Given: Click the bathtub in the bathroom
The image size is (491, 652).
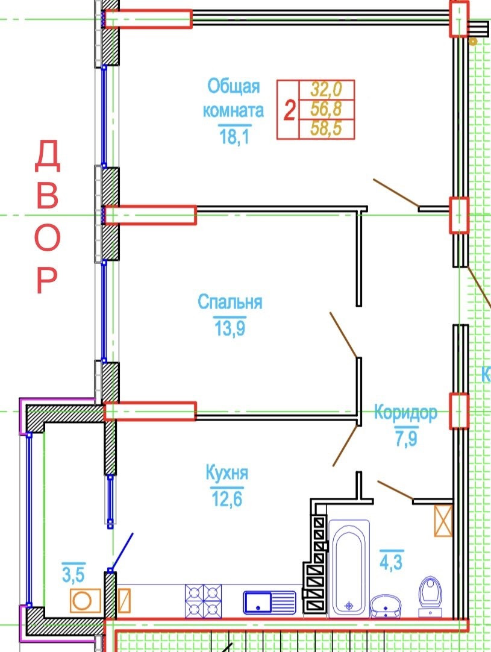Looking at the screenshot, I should [349, 568].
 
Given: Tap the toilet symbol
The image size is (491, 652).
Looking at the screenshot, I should [430, 592].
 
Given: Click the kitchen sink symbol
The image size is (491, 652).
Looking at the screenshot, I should [269, 601].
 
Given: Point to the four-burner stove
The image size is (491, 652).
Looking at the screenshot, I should [204, 601].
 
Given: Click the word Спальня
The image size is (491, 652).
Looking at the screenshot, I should [230, 301].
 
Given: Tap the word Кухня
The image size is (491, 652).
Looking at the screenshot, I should [227, 473].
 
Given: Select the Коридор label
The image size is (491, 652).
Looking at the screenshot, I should [405, 413].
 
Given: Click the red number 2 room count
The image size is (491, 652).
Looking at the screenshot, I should [289, 111].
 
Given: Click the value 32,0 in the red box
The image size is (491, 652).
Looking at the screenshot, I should [326, 90].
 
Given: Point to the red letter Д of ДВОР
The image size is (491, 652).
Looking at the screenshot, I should [47, 155].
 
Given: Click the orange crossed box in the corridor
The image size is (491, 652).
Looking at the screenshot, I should [443, 520].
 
